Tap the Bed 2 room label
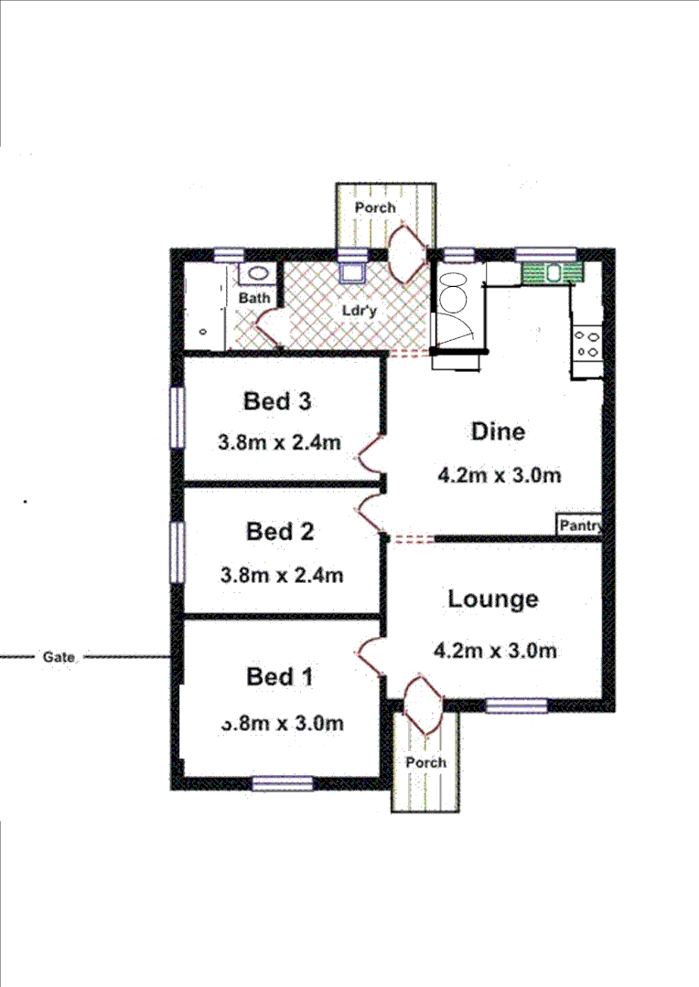[x=280, y=531]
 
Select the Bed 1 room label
[x=280, y=677]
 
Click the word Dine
[x=498, y=431]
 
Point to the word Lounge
[x=493, y=600]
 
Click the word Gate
[x=58, y=657]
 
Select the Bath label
[x=253, y=299]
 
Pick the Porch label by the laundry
[x=375, y=207]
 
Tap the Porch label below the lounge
[x=425, y=762]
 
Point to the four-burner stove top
[x=586, y=344]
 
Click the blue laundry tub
[x=351, y=272]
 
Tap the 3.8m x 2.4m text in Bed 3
[x=279, y=443]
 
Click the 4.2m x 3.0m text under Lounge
[x=495, y=651]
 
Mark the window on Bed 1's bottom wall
[x=283, y=783]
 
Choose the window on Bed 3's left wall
[x=177, y=418]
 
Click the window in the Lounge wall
[x=516, y=705]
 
